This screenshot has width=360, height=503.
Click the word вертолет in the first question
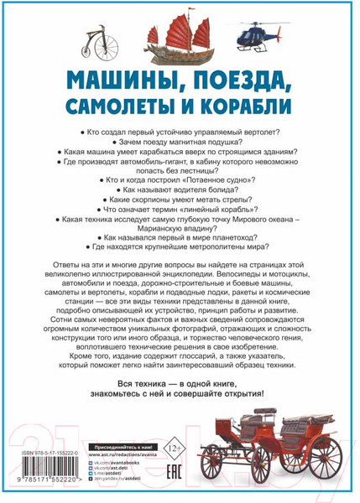click(x=258, y=133)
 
